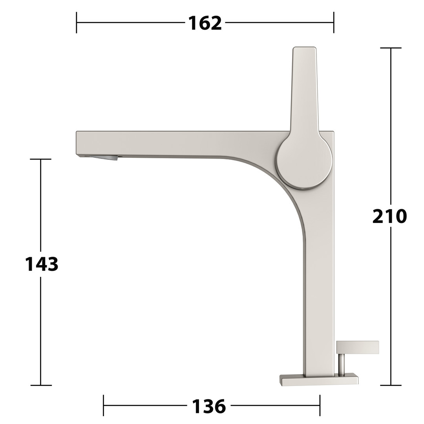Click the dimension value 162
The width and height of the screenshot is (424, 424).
(x=205, y=23)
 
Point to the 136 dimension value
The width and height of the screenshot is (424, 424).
(x=209, y=406)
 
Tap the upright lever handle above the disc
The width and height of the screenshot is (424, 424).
(x=305, y=89)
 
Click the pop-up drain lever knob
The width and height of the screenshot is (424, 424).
(x=358, y=347)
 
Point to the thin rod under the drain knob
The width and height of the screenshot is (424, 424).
(x=342, y=364)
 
